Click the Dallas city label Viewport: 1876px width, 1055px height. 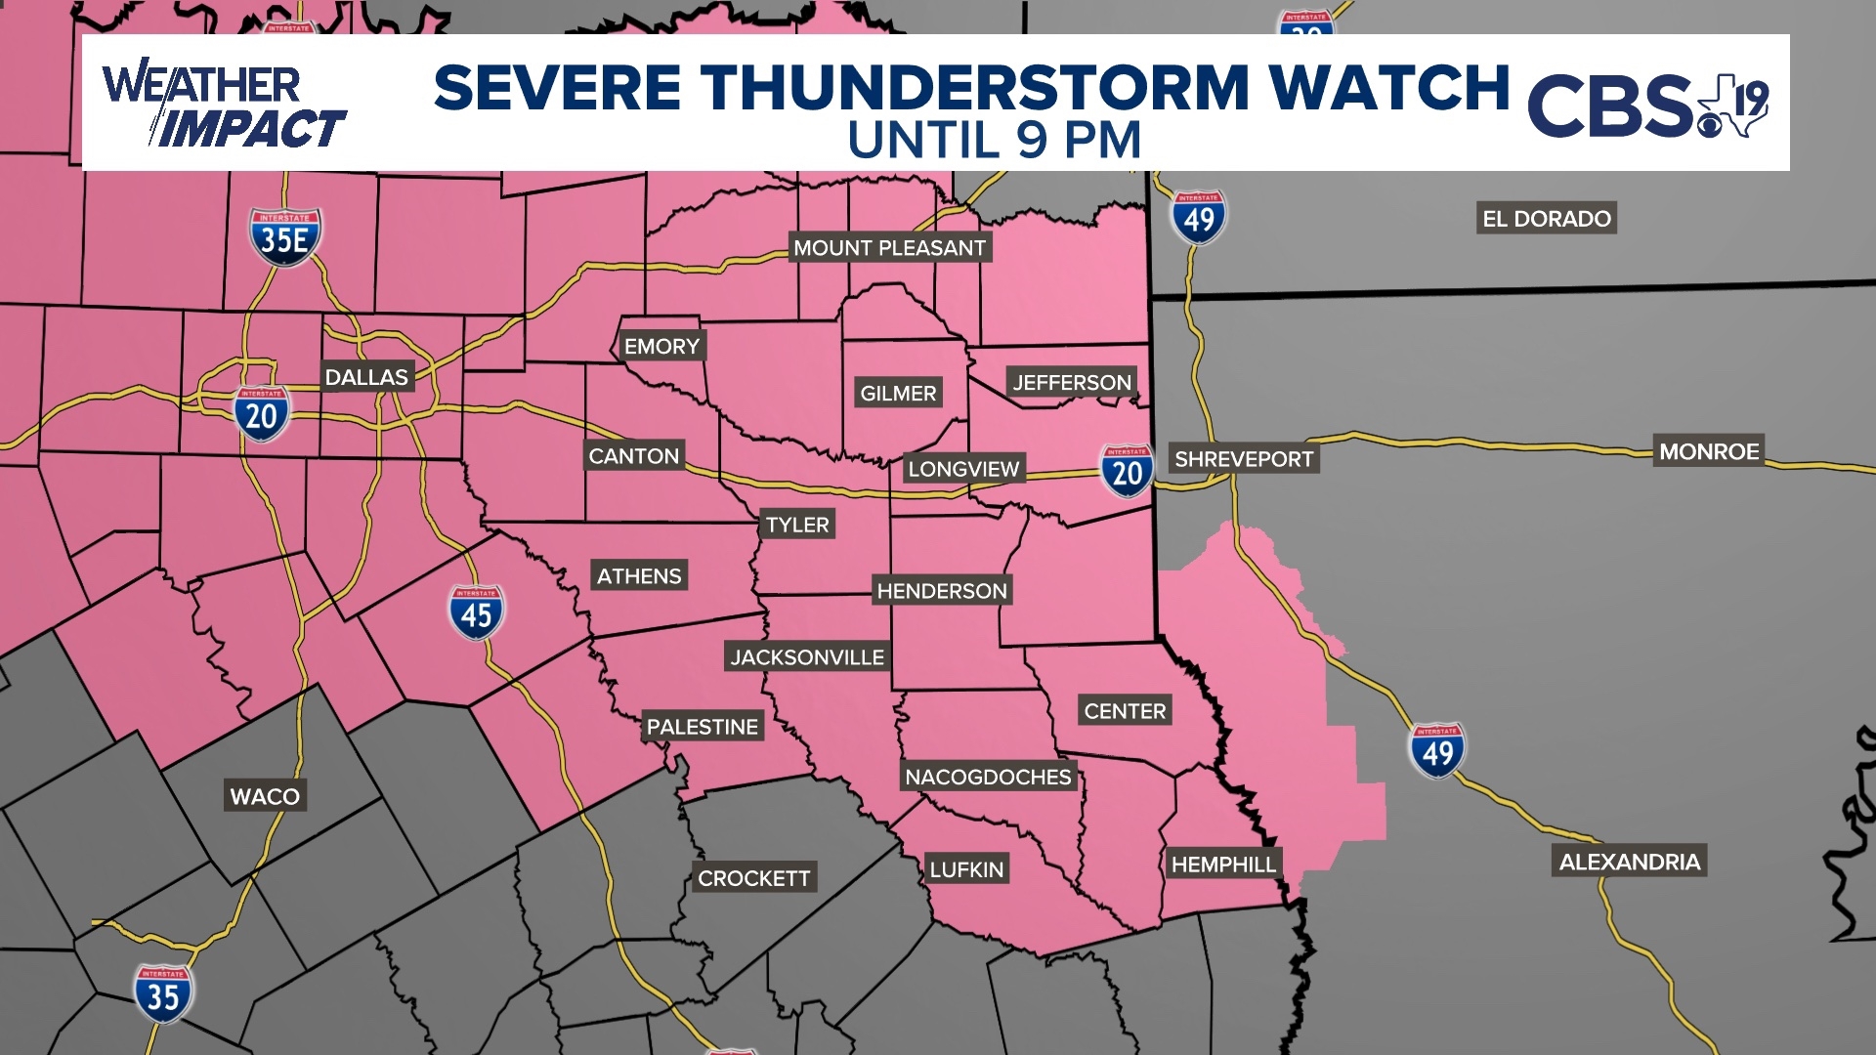(366, 377)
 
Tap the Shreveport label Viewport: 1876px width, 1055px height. (1244, 459)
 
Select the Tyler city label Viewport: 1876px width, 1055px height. (797, 525)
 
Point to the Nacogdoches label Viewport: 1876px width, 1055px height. (988, 777)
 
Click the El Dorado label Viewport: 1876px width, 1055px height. (1546, 219)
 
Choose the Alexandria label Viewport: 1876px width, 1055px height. (1629, 862)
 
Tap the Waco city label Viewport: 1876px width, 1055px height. (265, 796)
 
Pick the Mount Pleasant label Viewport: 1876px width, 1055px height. (889, 248)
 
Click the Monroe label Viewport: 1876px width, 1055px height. (1709, 451)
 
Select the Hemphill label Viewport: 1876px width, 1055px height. (1223, 865)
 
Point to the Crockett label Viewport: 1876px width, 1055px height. (753, 878)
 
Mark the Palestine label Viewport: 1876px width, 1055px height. (702, 727)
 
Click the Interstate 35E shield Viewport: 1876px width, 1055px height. (285, 237)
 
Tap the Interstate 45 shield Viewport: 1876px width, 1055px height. (476, 612)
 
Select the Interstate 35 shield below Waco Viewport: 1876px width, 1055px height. (163, 994)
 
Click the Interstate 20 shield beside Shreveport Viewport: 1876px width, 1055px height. (1127, 471)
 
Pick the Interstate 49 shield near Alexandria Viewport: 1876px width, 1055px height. (1436, 750)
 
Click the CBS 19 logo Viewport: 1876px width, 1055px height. (1647, 104)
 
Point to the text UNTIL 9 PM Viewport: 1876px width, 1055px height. (994, 141)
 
